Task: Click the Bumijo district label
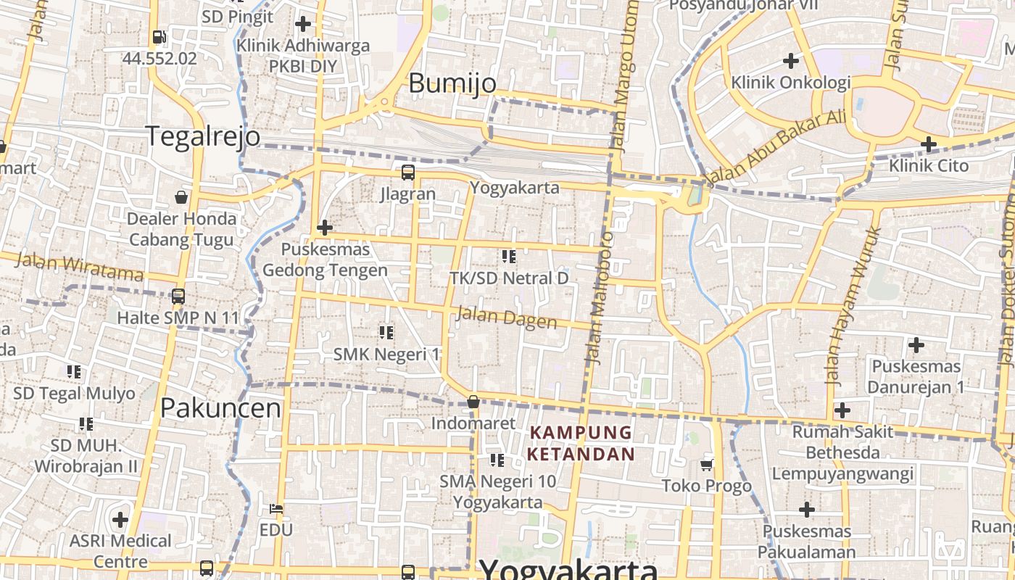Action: [452, 83]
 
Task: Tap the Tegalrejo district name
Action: [203, 136]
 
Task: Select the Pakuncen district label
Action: [220, 408]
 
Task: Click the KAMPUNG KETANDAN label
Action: [581, 443]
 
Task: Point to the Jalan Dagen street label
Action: [505, 318]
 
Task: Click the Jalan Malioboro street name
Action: [599, 297]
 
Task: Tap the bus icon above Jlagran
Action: [408, 173]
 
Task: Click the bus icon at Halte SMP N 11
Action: [178, 297]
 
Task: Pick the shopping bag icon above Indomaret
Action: [473, 402]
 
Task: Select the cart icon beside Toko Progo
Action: [707, 465]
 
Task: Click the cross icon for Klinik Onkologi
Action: [791, 61]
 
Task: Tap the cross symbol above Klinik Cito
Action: [929, 144]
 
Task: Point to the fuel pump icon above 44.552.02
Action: [159, 37]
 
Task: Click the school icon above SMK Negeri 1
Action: [386, 333]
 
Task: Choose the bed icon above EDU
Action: [275, 509]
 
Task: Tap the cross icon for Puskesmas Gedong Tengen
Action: [324, 228]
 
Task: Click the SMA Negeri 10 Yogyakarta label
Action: [498, 492]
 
